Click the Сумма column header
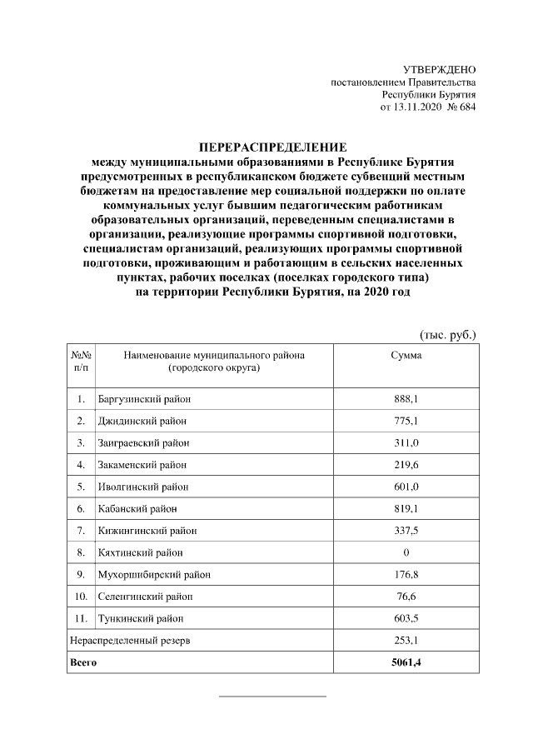pos(406,356)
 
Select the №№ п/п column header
pos(81,361)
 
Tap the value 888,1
pos(406,399)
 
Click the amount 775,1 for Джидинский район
pos(406,421)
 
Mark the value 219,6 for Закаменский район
pos(406,464)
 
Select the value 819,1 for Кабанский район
pos(406,508)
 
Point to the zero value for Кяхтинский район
pos(406,552)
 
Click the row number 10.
pos(81,597)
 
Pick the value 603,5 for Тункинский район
pos(406,618)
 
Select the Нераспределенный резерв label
pos(129,640)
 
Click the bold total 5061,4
pos(406,662)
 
